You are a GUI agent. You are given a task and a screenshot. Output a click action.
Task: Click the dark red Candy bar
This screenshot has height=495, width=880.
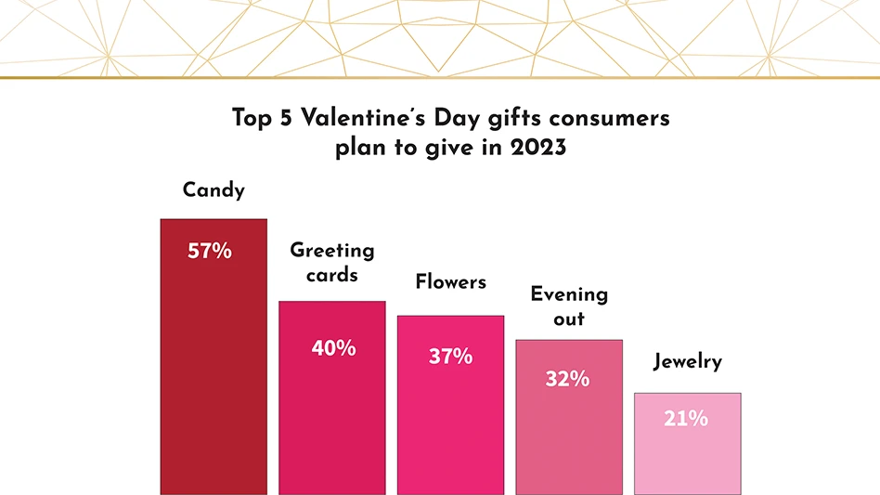click(x=214, y=371)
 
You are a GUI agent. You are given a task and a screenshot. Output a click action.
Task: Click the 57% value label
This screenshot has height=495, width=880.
click(x=210, y=251)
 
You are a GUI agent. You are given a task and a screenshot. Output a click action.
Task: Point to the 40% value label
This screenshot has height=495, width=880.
click(x=333, y=348)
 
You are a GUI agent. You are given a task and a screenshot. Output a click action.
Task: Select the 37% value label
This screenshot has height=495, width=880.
click(x=451, y=356)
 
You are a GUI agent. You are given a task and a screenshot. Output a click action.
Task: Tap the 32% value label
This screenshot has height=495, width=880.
click(x=567, y=379)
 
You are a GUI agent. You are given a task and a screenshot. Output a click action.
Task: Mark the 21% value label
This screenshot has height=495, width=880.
click(x=686, y=419)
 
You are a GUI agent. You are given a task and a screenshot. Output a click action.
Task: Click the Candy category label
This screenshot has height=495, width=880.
click(x=214, y=190)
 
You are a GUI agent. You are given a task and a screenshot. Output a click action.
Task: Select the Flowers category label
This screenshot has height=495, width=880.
click(x=450, y=281)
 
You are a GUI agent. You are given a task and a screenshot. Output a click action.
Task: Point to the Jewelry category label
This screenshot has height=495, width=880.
click(x=687, y=361)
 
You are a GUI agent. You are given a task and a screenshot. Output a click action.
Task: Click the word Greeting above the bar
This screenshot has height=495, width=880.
click(x=332, y=251)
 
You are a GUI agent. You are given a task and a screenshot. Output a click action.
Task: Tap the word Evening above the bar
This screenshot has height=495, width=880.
click(x=569, y=294)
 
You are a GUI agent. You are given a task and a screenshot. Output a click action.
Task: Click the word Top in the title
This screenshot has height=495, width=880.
click(x=250, y=119)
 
